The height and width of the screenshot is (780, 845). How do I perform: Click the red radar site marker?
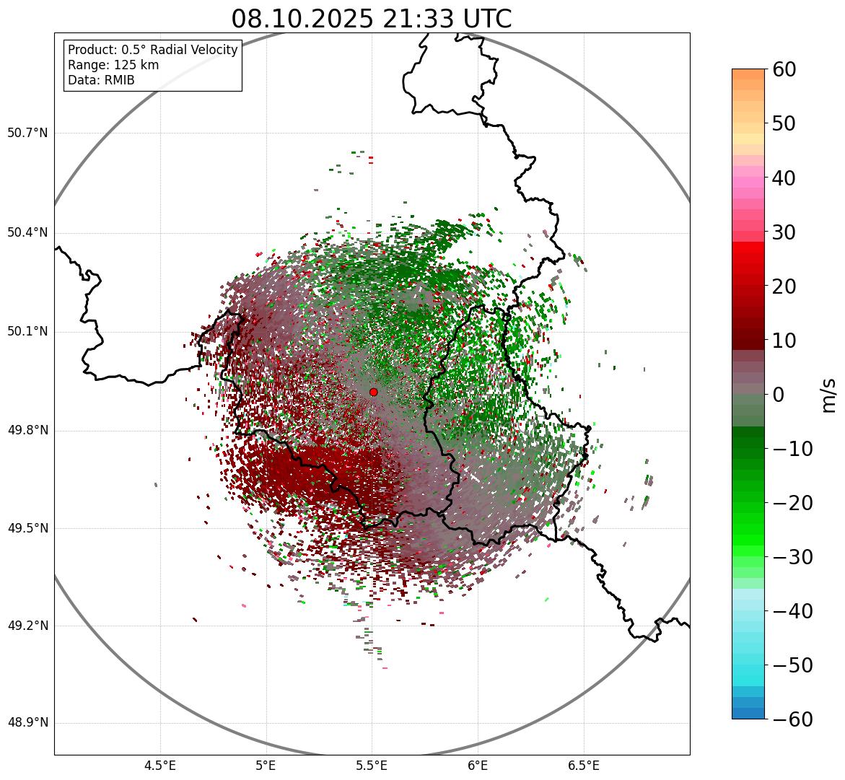click(373, 392)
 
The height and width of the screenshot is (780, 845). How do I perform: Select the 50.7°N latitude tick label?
click(27, 133)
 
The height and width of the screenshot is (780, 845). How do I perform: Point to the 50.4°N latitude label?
click(27, 232)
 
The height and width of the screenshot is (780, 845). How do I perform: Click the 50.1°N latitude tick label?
click(27, 332)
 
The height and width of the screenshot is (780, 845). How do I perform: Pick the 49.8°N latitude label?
click(27, 431)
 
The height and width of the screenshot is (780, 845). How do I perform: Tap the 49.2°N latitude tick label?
click(27, 626)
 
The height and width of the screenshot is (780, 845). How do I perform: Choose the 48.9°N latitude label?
click(27, 723)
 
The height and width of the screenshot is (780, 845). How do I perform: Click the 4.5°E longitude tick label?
click(160, 766)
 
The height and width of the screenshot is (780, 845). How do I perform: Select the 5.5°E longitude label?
click(372, 766)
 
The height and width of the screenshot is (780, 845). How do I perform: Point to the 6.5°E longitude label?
click(583, 766)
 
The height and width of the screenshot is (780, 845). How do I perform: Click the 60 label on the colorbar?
click(784, 69)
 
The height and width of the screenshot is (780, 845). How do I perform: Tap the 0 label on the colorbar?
click(779, 395)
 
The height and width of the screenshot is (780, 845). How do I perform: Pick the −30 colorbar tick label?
click(792, 557)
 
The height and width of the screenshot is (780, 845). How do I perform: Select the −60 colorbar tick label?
click(792, 719)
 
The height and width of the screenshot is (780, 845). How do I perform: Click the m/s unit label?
click(828, 395)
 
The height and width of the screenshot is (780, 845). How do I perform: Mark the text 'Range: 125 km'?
click(113, 65)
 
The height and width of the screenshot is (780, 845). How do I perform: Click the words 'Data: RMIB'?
click(101, 80)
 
